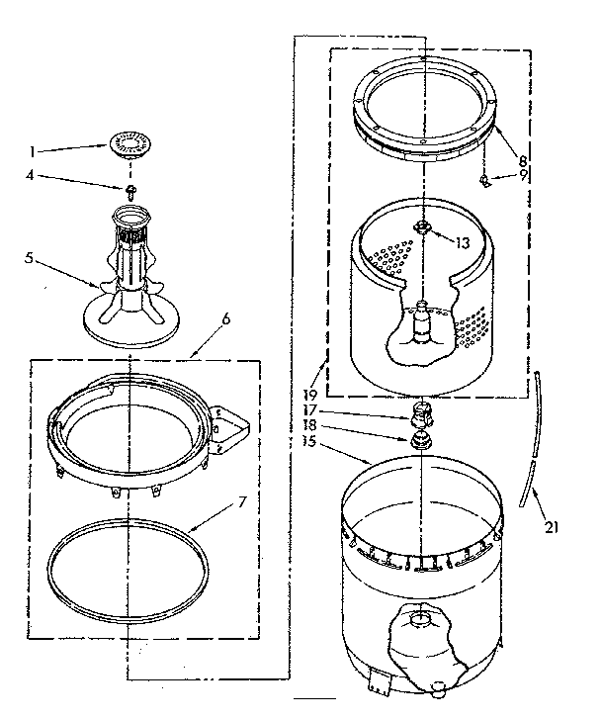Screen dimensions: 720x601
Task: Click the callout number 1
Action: (x=34, y=151)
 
